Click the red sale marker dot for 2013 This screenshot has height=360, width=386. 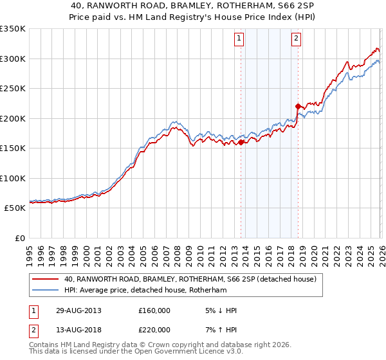click(241, 143)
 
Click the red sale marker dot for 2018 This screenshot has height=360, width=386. click(298, 106)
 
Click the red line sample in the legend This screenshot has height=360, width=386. click(46, 280)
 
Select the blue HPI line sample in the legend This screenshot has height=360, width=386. click(46, 291)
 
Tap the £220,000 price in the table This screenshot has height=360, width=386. click(154, 330)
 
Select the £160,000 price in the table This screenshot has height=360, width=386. click(154, 310)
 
